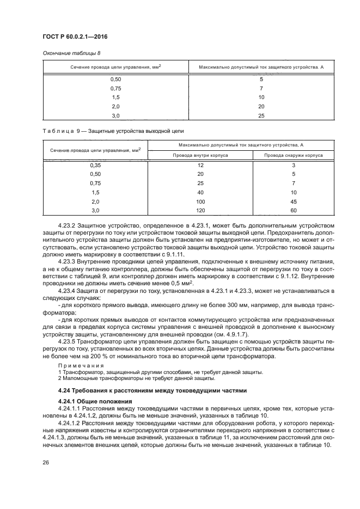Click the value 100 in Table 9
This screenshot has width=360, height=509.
(200, 201)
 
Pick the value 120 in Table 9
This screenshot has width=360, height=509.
(200, 210)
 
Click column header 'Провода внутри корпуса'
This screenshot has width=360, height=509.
(200, 155)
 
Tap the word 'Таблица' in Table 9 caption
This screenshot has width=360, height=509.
(56, 131)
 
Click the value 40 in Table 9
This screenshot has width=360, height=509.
(200, 192)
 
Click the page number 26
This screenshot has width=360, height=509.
(46, 463)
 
